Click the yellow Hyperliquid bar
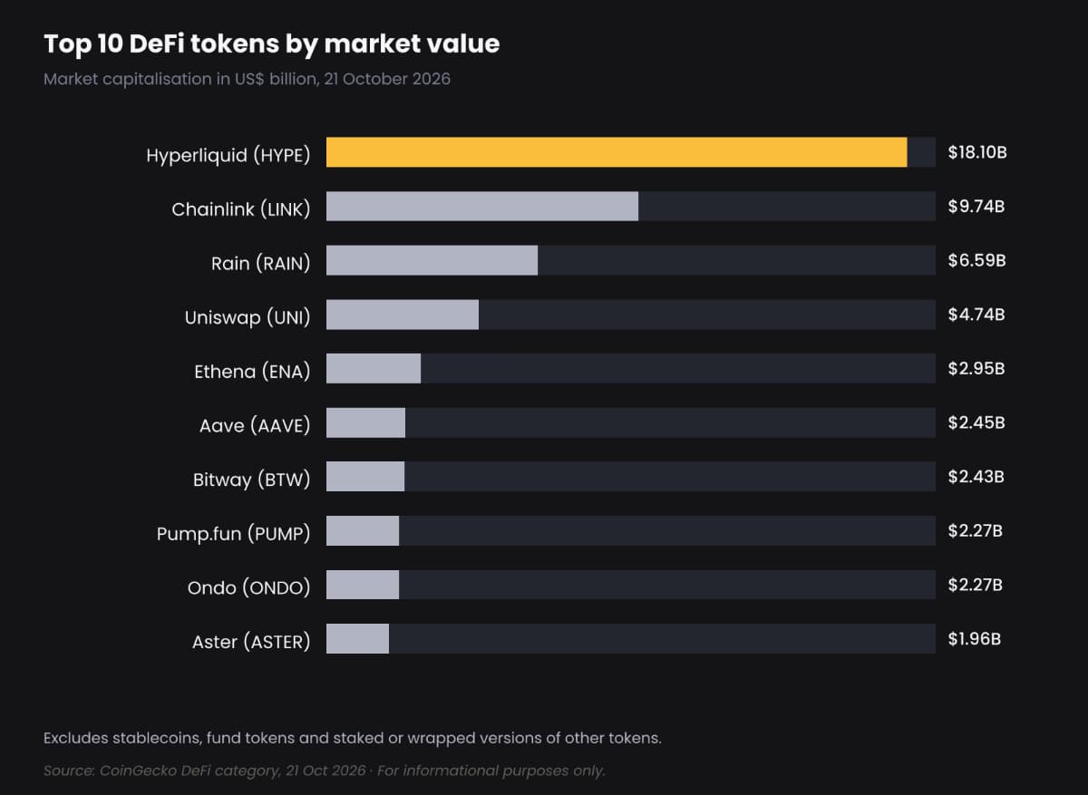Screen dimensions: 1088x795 [617, 152]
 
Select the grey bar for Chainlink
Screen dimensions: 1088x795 [482, 206]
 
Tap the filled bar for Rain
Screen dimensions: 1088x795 [432, 260]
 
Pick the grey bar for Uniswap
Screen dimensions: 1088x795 [403, 315]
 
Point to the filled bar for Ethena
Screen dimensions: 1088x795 [374, 368]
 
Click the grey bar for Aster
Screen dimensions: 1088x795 [357, 638]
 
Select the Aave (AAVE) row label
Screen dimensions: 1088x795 [255, 425]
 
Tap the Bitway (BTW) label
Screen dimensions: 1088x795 [252, 480]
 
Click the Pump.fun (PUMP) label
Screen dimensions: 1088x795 [233, 534]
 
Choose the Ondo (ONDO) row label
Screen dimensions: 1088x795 [248, 587]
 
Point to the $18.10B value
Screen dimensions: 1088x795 [977, 152]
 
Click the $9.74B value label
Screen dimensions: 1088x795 [976, 207]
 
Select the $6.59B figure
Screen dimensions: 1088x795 [976, 260]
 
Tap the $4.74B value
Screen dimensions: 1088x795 [976, 315]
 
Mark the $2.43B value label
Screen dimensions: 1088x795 [976, 477]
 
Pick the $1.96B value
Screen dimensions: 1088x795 [975, 638]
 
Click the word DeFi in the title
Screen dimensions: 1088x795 [156, 44]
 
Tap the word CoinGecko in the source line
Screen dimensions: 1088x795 [138, 771]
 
